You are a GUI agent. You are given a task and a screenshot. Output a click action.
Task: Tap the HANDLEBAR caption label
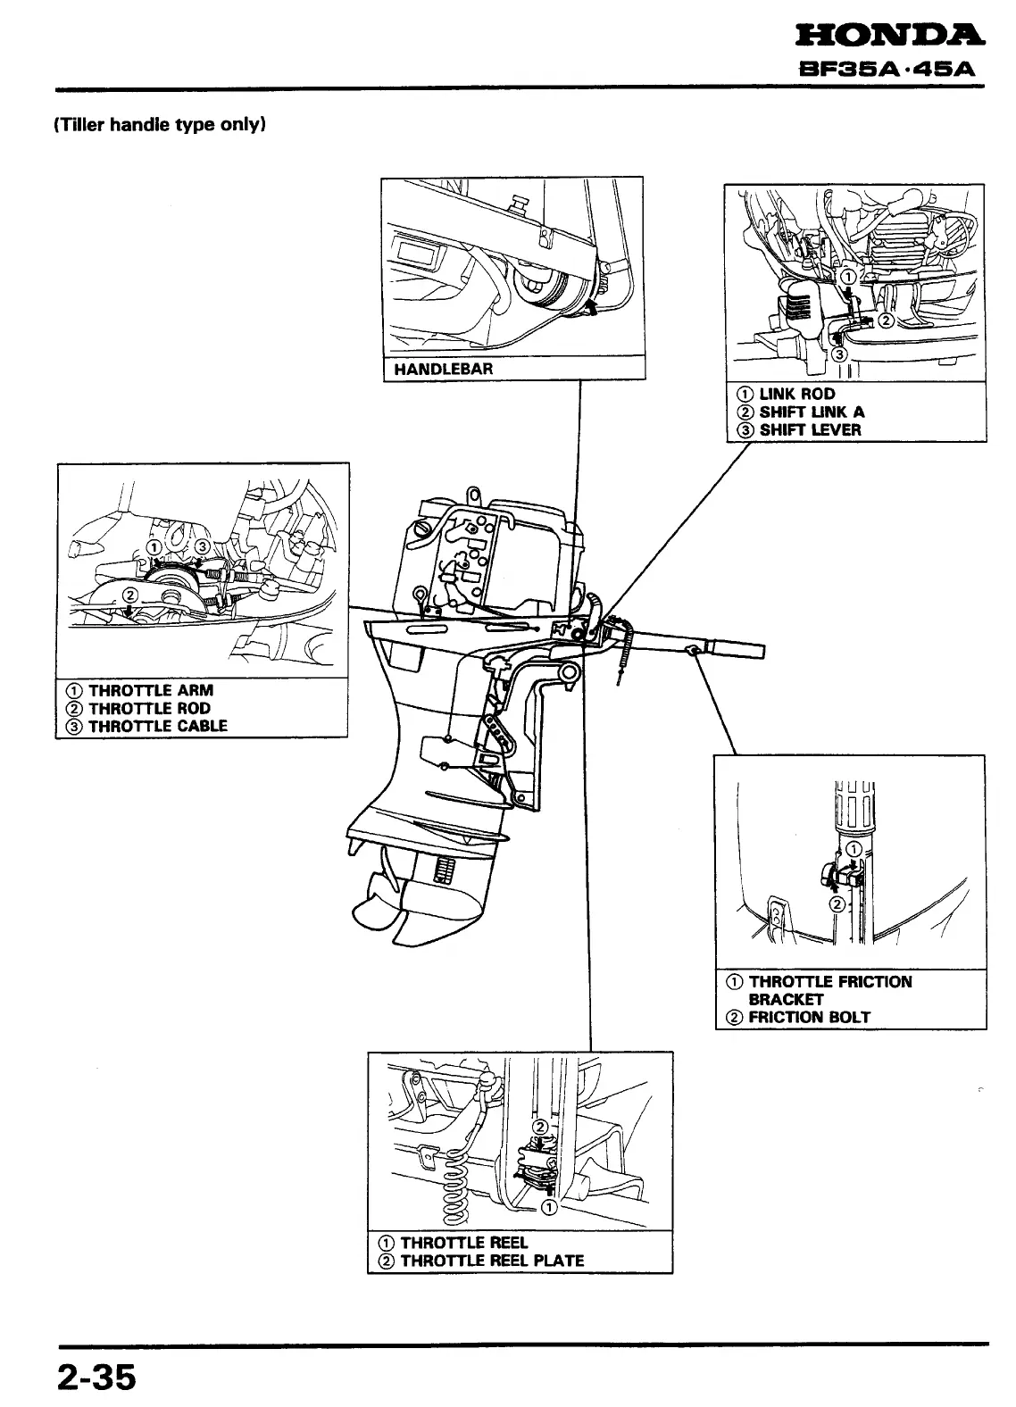(443, 369)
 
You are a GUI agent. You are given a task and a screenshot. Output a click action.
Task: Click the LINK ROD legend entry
(796, 394)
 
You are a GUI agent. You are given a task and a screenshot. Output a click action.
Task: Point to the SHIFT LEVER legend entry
(810, 429)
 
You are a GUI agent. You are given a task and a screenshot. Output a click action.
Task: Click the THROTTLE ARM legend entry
(150, 690)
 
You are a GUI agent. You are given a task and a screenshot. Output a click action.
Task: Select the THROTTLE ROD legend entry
(149, 708)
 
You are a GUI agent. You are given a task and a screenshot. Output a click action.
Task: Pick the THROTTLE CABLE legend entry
(157, 726)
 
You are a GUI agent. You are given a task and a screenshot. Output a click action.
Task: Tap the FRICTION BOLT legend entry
(808, 1017)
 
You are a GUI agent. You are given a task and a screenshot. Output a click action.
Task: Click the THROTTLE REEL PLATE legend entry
(491, 1261)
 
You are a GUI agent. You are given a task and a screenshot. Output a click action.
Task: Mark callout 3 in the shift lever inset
(839, 354)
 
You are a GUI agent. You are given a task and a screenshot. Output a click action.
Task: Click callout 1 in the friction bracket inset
(854, 848)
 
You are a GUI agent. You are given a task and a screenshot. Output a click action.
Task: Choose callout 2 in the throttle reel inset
(538, 1127)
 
